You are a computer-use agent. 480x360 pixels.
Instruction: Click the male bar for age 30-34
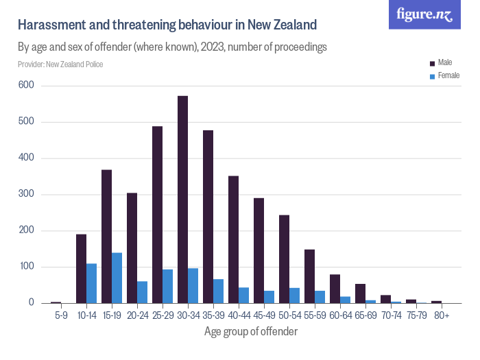183,200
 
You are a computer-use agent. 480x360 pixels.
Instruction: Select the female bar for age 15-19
117,278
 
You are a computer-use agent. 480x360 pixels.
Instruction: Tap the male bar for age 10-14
81,269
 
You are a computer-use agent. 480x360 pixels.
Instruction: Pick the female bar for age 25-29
167,286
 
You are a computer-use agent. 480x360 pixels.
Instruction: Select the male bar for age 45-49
259,251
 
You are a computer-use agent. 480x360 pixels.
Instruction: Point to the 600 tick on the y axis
27,86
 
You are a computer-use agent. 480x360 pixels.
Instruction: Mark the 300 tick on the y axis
27,194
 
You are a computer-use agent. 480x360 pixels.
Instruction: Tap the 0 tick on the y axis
31,302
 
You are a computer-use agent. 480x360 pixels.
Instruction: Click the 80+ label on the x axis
441,315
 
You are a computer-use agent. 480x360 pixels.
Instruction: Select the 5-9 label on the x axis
60,315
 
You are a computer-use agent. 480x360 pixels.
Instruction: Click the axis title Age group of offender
250,331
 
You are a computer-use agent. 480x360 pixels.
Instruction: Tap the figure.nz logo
424,14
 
